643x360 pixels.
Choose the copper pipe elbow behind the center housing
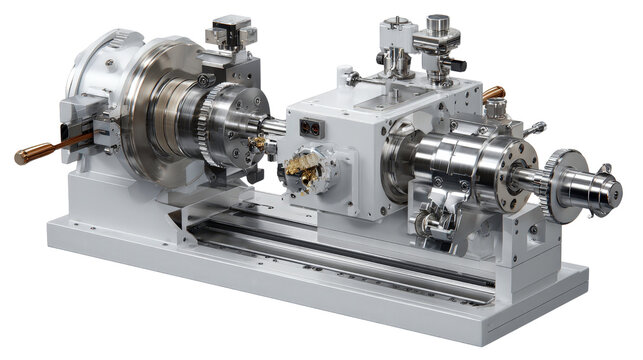pos(493,95)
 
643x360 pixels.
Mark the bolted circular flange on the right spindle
pos(517,174)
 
